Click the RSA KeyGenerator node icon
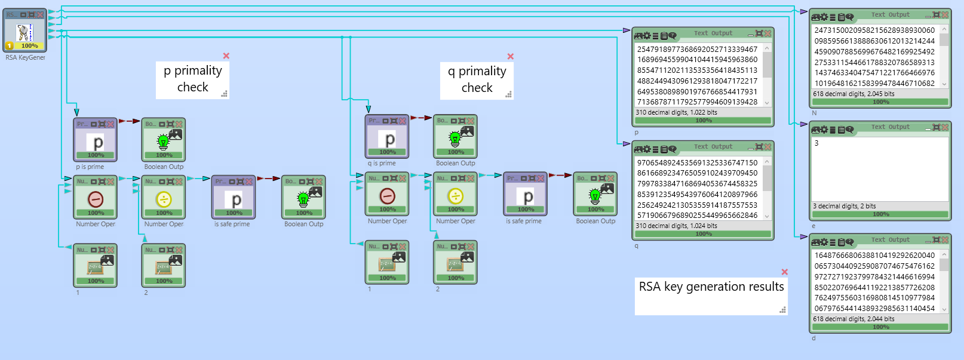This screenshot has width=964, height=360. pyautogui.click(x=24, y=32)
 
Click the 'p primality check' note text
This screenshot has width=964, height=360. pyautogui.click(x=192, y=79)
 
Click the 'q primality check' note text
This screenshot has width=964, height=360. pyautogui.click(x=477, y=79)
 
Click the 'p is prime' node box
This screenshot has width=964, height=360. pyautogui.click(x=96, y=140)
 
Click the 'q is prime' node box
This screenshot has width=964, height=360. pyautogui.click(x=387, y=137)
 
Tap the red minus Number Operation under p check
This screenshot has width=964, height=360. pyautogui.click(x=96, y=198)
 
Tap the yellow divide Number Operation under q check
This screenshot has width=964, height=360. pyautogui.click(x=455, y=195)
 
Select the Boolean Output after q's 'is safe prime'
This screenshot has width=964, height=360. pyautogui.click(x=595, y=195)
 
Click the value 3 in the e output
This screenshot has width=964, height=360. pyautogui.click(x=816, y=143)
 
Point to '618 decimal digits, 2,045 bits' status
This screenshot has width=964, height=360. pyautogui.click(x=854, y=94)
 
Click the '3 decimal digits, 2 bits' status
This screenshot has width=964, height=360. pyautogui.click(x=844, y=206)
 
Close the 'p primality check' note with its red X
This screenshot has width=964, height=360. pyautogui.click(x=226, y=56)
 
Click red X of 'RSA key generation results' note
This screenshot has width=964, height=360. pyautogui.click(x=784, y=272)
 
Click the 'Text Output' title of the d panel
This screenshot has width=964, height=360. pyautogui.click(x=890, y=240)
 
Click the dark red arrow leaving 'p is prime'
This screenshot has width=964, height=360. pyautogui.click(x=129, y=121)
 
